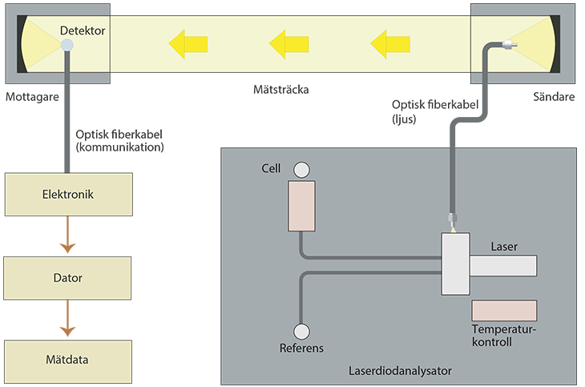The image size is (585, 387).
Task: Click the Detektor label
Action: (83, 31)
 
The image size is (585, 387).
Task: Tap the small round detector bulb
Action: (67, 46)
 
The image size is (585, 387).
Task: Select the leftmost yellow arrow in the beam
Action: (189, 43)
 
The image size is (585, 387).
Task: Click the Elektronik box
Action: (68, 193)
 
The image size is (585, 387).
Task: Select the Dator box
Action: (68, 278)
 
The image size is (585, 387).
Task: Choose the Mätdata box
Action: (68, 360)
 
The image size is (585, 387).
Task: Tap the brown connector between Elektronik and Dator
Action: (68, 236)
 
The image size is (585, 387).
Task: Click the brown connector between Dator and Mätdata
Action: (68, 319)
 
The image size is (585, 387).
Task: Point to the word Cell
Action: (272, 169)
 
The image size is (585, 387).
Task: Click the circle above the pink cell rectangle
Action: (301, 169)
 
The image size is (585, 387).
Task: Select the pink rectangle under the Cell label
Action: (301, 205)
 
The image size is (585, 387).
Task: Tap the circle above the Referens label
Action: (301, 332)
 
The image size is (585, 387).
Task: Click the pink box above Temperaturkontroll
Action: (504, 309)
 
